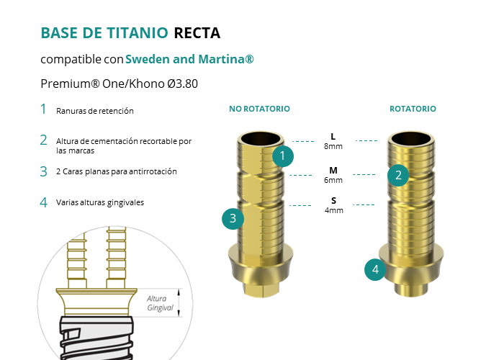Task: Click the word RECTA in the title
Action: coord(197,33)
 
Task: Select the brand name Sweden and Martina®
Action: coord(189,59)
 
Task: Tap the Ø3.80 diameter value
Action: coord(182,84)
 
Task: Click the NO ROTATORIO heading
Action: coord(259,109)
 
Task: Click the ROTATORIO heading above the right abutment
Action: coord(413,109)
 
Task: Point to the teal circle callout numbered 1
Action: coord(283,156)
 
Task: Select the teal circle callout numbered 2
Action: coord(398,176)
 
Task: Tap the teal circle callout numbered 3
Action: coord(233,219)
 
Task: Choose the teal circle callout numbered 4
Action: coord(375,270)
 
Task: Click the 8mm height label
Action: coord(333,146)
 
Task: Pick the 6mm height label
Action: coord(333,180)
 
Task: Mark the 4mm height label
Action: coord(334,210)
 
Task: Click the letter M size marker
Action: coord(333,171)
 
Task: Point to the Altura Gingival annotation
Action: coord(160,303)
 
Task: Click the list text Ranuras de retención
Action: coord(95,111)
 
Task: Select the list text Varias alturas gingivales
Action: coord(100,202)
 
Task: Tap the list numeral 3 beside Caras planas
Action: coord(43,171)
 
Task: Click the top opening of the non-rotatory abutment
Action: coord(261,139)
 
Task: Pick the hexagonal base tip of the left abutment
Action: coord(261,289)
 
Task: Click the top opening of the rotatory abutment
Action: coord(411,139)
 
